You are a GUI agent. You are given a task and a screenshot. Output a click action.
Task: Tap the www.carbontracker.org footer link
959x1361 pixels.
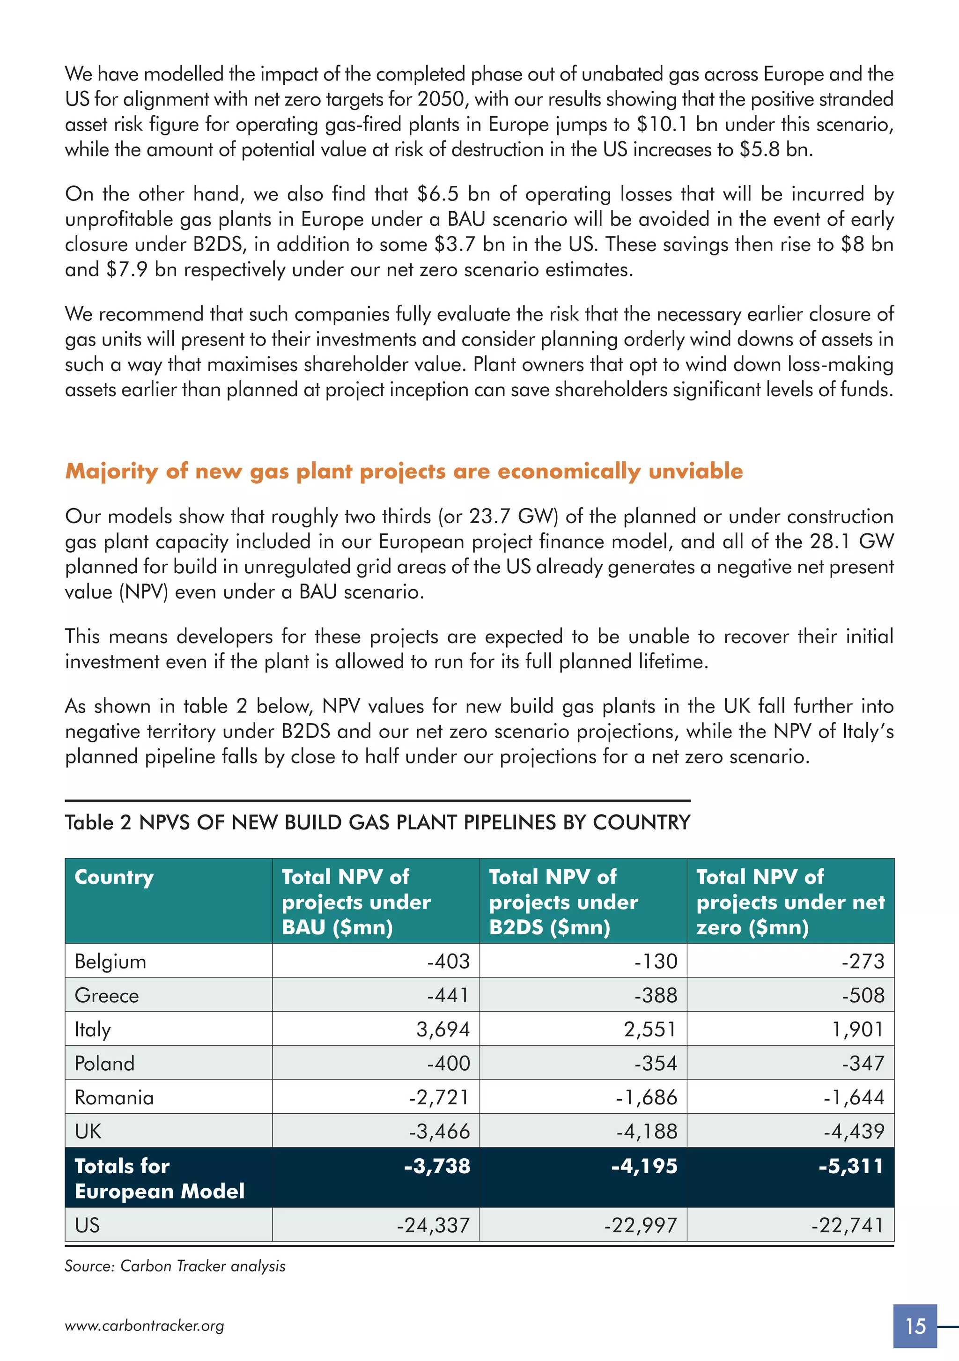coord(144,1326)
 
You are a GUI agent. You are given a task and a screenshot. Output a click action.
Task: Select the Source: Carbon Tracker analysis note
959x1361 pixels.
coord(175,1266)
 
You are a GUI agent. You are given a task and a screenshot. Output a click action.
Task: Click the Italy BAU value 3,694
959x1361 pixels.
coord(443,1029)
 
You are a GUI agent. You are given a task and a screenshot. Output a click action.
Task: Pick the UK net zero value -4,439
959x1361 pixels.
coord(854,1131)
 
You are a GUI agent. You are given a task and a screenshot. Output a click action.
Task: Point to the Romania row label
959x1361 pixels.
coord(114,1097)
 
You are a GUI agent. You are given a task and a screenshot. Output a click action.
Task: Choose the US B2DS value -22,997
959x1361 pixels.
coord(640,1225)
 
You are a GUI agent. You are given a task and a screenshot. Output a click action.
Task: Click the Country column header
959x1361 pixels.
coord(114,877)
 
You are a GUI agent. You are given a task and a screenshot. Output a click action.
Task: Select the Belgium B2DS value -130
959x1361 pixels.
coord(656,961)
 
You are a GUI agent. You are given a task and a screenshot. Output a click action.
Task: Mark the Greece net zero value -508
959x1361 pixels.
coord(863,995)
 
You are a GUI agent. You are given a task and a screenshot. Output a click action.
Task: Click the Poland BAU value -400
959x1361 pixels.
coord(449,1064)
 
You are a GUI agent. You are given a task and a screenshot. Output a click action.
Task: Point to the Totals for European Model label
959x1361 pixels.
coord(159,1178)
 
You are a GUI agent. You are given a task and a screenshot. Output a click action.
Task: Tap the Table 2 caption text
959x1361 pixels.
coord(377,823)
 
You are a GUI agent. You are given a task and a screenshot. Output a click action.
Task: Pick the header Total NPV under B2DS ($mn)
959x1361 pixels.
coord(563,902)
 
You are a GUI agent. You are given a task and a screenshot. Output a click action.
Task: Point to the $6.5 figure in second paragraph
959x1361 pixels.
coord(437,194)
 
